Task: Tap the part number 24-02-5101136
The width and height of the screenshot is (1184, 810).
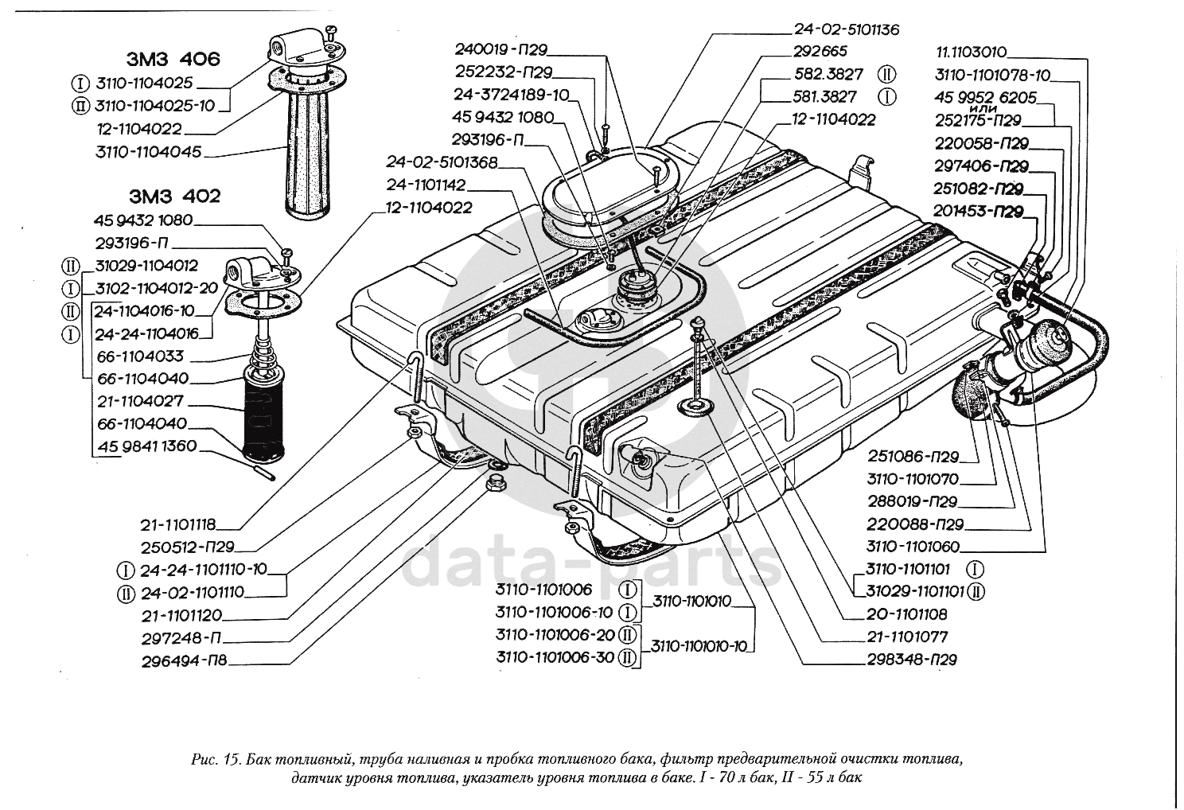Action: [x=846, y=30]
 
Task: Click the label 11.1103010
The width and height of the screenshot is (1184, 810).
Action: [x=971, y=53]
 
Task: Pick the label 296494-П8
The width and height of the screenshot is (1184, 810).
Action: [x=183, y=659]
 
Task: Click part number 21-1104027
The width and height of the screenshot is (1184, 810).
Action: [x=141, y=401]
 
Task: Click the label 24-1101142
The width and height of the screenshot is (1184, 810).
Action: [x=427, y=185]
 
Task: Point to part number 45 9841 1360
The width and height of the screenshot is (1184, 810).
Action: [x=147, y=446]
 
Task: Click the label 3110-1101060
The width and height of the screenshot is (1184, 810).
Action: [x=913, y=547]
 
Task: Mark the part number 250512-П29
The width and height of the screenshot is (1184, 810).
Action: [x=190, y=547]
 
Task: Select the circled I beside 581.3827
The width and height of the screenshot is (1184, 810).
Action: [x=887, y=97]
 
